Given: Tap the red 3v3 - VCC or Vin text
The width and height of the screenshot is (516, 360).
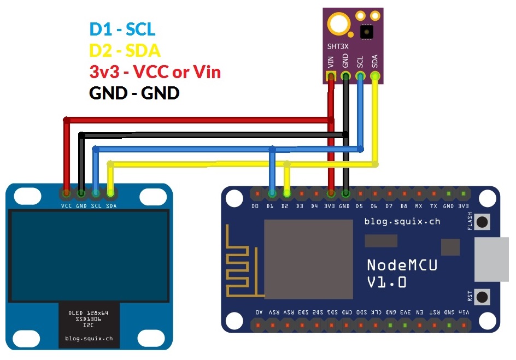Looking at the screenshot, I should click(x=155, y=72).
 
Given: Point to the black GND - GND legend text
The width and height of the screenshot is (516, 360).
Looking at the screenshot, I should click(x=134, y=93).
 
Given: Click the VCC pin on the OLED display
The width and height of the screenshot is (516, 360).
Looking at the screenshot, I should click(x=66, y=193).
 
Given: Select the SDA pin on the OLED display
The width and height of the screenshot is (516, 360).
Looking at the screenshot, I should click(x=110, y=193).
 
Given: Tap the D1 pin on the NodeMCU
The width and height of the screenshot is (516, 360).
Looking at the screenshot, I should click(x=271, y=193).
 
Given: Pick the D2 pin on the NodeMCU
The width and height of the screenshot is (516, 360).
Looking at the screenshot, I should click(x=286, y=193).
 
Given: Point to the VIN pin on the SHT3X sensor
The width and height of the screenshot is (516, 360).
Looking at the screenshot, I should click(x=331, y=77).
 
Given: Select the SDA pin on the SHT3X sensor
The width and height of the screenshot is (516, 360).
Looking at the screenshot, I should click(x=375, y=77).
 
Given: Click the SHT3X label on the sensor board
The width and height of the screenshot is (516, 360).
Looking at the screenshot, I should click(x=338, y=46).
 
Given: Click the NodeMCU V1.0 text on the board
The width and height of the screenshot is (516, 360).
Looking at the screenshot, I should click(x=402, y=273).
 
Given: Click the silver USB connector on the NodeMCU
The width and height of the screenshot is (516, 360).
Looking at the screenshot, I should click(x=494, y=259).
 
